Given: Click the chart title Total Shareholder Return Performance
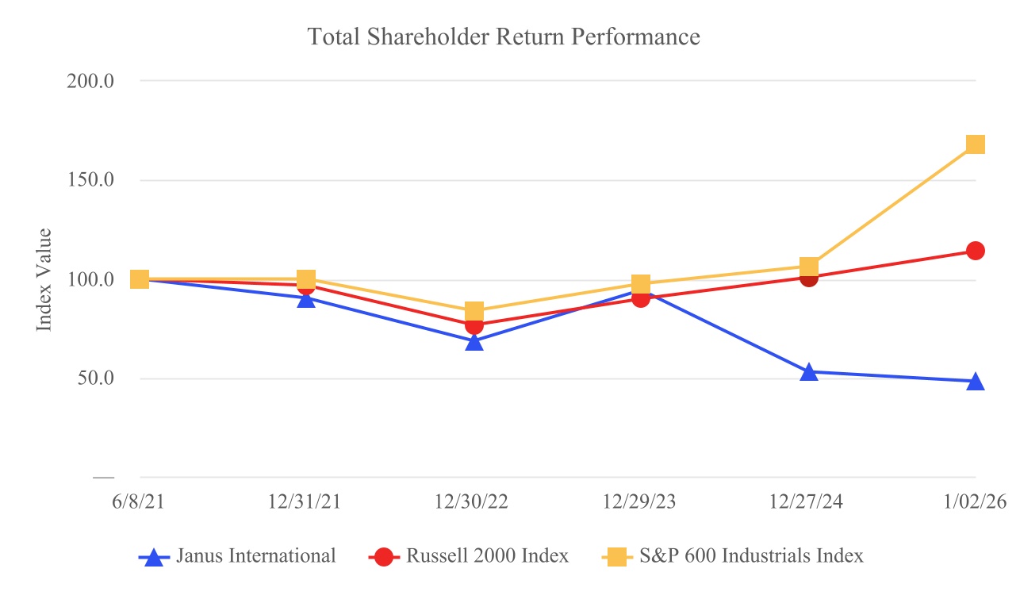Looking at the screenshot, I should tap(504, 36).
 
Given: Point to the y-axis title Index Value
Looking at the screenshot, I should tap(45, 280).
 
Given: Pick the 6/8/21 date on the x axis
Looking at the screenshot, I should tap(139, 504).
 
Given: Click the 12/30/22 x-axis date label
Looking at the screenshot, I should tap(474, 504).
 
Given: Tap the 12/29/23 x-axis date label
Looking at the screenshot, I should tap(642, 504).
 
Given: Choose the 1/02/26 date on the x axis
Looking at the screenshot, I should tap(975, 504).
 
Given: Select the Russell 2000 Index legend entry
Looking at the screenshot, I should tap(469, 556).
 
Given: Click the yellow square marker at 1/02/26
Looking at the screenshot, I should tap(975, 144).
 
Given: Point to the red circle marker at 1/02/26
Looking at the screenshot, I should tap(975, 251).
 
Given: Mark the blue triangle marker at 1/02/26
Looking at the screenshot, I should tap(975, 382).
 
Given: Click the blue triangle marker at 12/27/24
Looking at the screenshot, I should tap(808, 372).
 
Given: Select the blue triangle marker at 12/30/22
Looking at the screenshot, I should tap(474, 342).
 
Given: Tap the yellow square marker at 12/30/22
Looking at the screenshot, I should tap(474, 310).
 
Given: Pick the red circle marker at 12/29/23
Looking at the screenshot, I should tap(641, 298).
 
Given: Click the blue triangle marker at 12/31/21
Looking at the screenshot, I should tap(306, 298).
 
